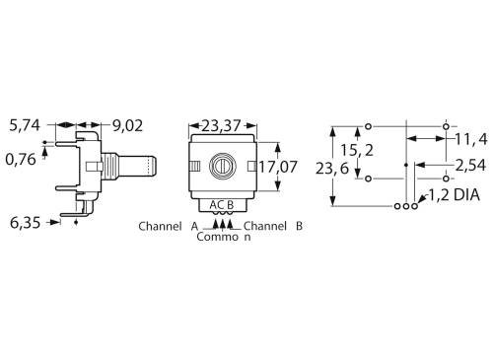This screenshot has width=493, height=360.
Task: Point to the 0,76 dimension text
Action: point(23,157)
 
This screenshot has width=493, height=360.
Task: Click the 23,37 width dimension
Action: point(226,125)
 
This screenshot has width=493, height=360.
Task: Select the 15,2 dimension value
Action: point(355,151)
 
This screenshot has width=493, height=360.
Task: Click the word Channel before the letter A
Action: point(160,226)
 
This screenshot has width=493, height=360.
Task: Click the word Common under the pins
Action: point(224,237)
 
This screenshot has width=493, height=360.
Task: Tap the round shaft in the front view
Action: point(226,165)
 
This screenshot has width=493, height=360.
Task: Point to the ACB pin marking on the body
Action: point(223,204)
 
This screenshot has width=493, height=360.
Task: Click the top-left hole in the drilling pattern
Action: point(369,126)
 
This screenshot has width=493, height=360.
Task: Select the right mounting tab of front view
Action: point(254,165)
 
